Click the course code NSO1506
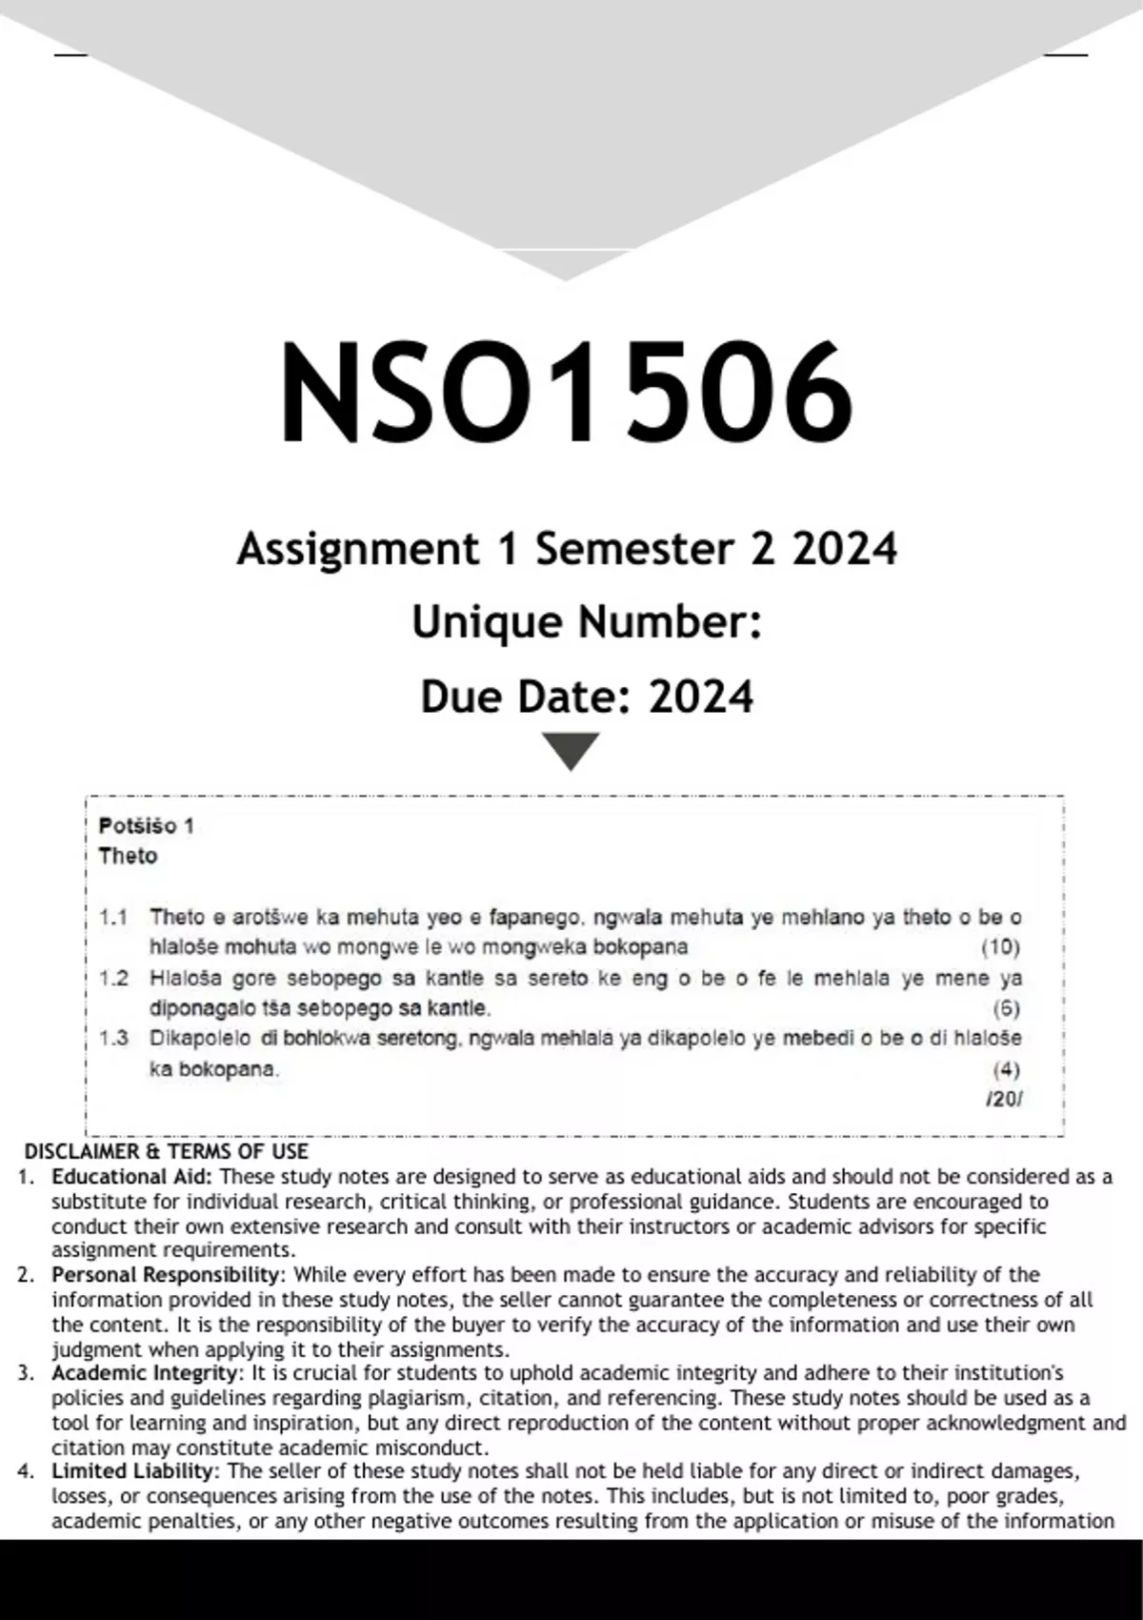pos(566,392)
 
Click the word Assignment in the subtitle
pos(358,549)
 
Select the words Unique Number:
pos(587,622)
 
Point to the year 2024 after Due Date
pos(701,697)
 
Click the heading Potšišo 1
pos(146,825)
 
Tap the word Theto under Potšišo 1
pos(128,856)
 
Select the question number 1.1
pos(113,917)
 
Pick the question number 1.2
pos(113,978)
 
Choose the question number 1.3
pos(113,1038)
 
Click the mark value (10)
pos(1000,946)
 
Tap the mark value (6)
pos(1006,1007)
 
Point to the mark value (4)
pos(1006,1068)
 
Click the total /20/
pos(1004,1099)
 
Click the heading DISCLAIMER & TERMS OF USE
pos(167,1151)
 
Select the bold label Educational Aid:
pos(132,1177)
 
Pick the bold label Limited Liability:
pos(136,1471)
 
